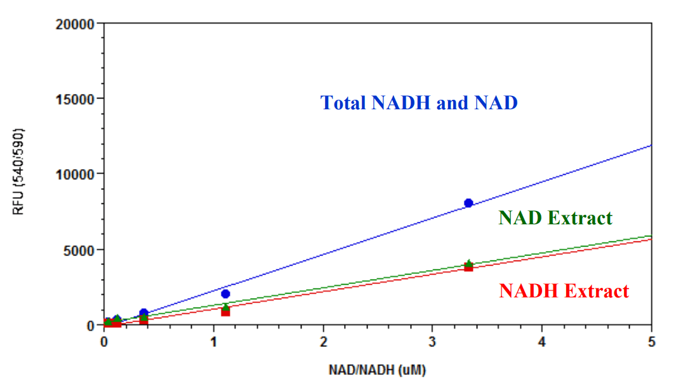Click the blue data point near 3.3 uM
click(468, 203)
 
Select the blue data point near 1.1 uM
click(225, 294)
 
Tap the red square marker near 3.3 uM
click(468, 267)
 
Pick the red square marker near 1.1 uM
click(225, 311)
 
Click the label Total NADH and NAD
click(419, 102)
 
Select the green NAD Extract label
click(555, 218)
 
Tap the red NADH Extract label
click(564, 291)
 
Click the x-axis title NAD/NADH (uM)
click(378, 369)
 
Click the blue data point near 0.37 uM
click(144, 313)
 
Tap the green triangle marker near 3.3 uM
click(468, 263)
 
